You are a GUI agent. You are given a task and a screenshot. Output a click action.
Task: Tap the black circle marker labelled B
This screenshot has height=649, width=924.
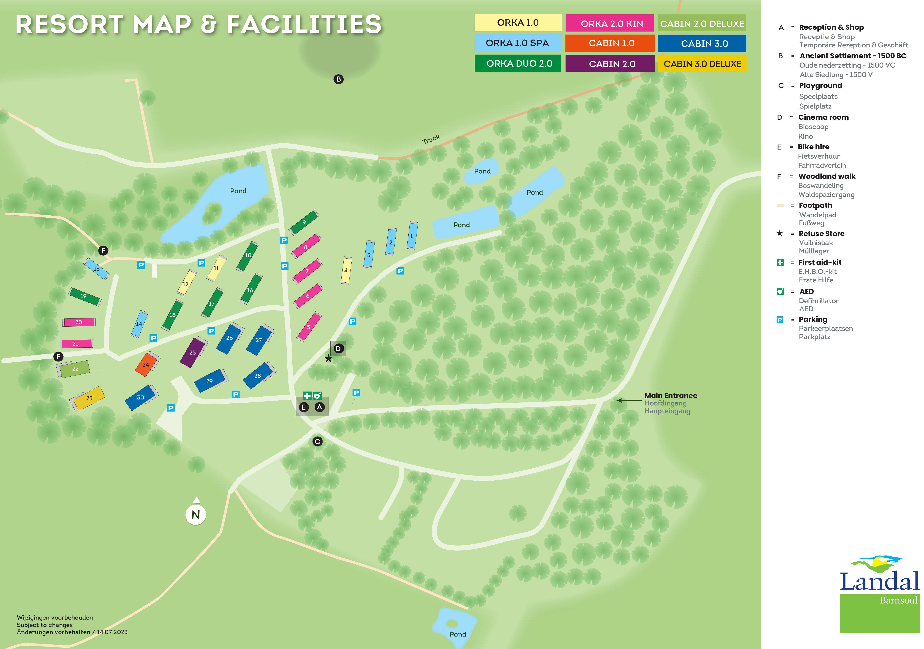pyautogui.click(x=338, y=79)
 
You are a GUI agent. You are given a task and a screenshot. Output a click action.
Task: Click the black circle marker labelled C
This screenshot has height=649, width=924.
pyautogui.click(x=317, y=442)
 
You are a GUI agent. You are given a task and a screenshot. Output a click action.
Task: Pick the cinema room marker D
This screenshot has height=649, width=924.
pyautogui.click(x=338, y=349)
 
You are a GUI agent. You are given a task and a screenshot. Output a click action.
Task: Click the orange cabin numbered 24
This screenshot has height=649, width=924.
pyautogui.click(x=146, y=364)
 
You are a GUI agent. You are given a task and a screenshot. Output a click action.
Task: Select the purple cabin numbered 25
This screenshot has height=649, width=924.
pyautogui.click(x=193, y=352)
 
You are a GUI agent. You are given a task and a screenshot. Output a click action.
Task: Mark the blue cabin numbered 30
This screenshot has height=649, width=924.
pyautogui.click(x=140, y=397)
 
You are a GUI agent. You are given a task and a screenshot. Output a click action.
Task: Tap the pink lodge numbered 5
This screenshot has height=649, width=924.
pyautogui.click(x=309, y=327)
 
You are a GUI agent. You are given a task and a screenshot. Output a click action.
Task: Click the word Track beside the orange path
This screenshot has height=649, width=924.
pyautogui.click(x=431, y=139)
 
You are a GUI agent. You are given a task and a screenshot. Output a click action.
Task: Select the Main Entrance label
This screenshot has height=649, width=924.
pyautogui.click(x=671, y=396)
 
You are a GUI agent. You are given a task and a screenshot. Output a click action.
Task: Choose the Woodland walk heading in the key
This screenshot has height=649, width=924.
pyautogui.click(x=827, y=176)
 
